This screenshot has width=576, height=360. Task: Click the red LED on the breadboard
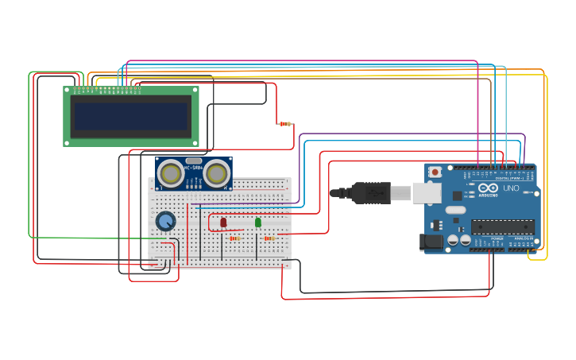click(x=223, y=223)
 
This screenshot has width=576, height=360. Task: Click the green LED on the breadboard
click(x=258, y=223)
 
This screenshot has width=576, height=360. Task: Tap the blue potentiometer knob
click(x=165, y=221)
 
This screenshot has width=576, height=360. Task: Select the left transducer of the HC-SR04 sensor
click(x=170, y=173)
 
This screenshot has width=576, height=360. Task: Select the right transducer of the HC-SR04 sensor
click(x=217, y=173)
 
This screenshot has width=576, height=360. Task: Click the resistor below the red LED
click(x=234, y=238)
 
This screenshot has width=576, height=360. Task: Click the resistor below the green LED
click(x=269, y=238)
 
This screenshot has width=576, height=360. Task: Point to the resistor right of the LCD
click(x=285, y=124)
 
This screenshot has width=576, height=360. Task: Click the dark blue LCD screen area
click(x=131, y=117)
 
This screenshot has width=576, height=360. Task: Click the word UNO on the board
click(x=511, y=188)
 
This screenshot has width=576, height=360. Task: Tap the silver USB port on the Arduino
click(x=427, y=192)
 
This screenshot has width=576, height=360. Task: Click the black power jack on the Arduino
click(x=432, y=242)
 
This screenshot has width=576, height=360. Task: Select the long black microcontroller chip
click(x=501, y=226)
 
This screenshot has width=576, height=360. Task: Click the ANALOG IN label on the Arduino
click(x=523, y=238)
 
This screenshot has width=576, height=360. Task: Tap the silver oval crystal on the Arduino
click(x=454, y=210)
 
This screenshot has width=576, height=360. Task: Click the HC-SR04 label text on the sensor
click(x=193, y=168)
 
